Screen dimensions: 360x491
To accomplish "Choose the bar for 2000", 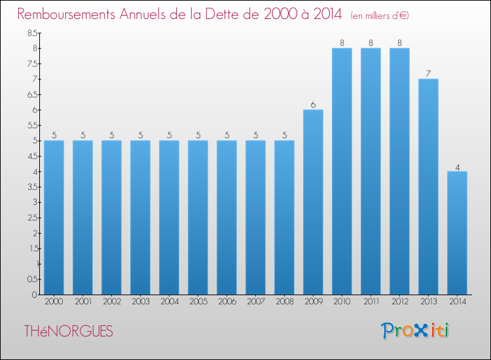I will point(54,217).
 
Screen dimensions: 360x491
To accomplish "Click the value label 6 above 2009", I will point(313,105).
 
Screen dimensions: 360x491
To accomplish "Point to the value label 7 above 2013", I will point(428,74).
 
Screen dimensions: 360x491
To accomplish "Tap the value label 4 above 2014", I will point(457,167).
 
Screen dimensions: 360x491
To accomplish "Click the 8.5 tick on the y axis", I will point(32,33).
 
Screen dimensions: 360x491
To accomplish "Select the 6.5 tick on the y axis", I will point(32,94).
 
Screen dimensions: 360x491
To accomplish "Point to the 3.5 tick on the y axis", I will point(32,187).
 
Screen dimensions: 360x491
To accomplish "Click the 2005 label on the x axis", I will point(198,302).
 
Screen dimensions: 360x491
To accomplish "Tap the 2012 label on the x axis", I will point(399,302).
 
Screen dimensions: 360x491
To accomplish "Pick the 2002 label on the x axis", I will point(111,302).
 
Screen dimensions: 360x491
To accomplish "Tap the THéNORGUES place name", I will point(68,332).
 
